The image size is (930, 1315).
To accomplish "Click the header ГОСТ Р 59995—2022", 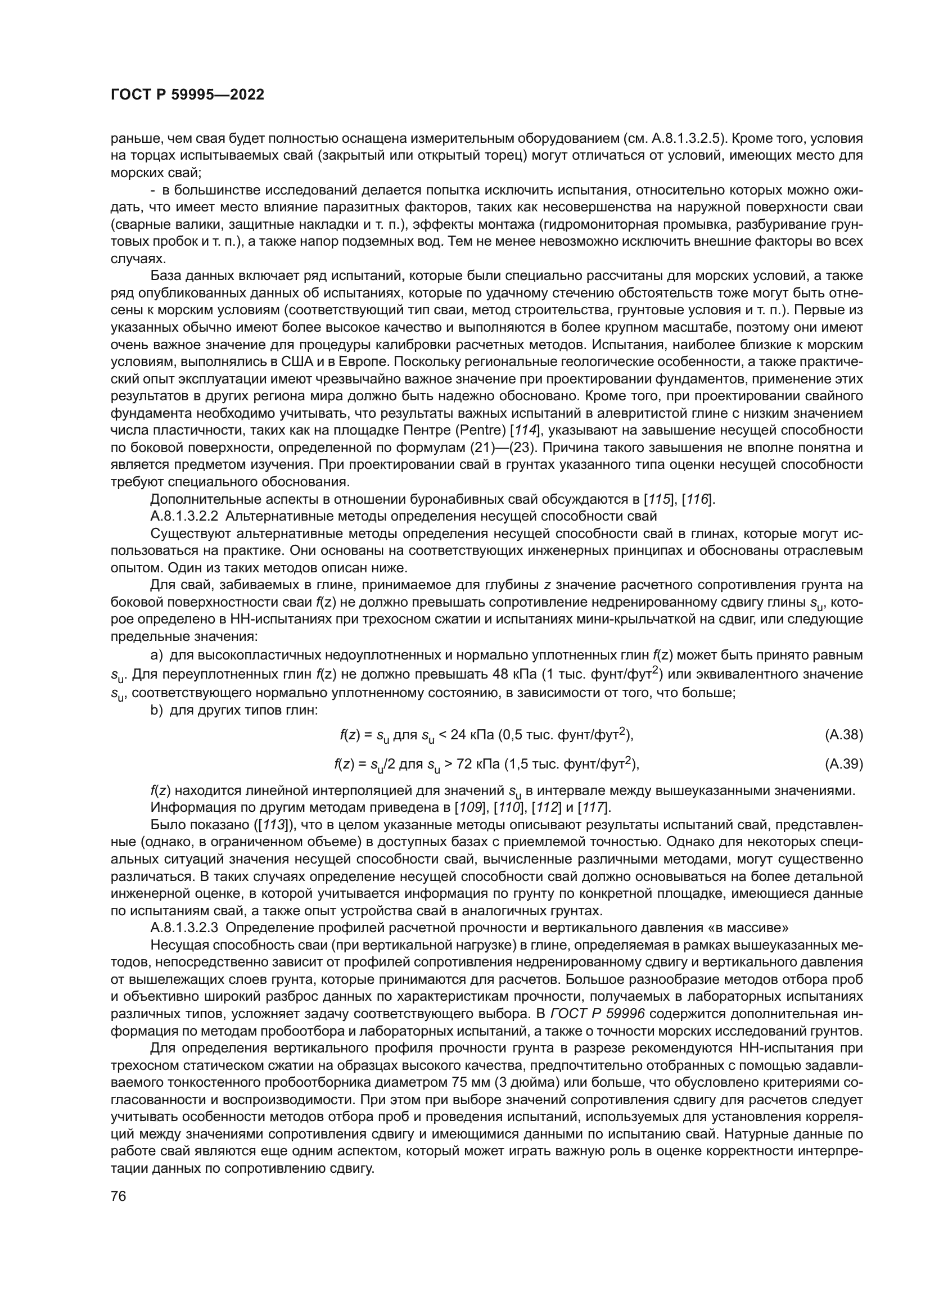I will (x=187, y=95).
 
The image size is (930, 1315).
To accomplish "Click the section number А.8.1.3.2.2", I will (x=184, y=516).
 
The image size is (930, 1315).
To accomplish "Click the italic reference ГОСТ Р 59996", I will (x=597, y=1013).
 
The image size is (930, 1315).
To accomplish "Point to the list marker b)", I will (x=157, y=710).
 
